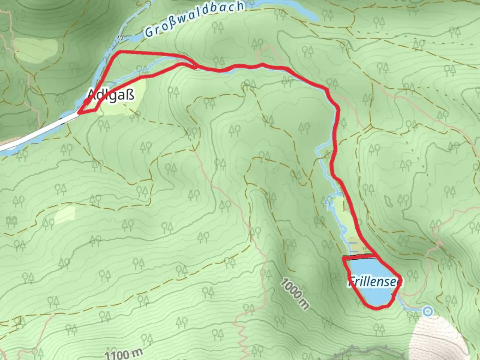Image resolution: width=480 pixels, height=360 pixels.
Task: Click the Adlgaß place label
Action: pos(111,95)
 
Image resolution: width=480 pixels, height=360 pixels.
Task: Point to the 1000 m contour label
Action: pos(294,293)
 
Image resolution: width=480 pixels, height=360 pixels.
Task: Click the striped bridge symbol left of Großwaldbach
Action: pos(121,38)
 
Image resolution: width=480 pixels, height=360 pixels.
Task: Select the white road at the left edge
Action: pos(33,133)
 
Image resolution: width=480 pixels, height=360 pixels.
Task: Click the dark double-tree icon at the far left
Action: pos(12,221)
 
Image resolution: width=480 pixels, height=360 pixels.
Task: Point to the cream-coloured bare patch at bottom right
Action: pos(440,337)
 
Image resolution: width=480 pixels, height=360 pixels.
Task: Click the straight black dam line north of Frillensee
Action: pos(360,257)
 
